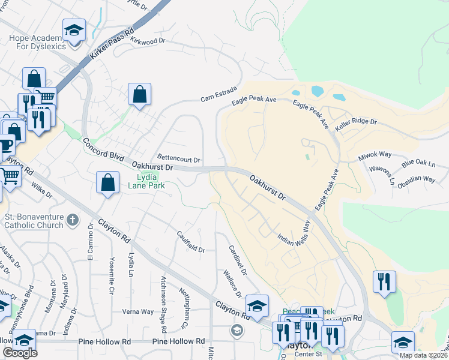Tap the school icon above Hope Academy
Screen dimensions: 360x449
(x=74, y=30)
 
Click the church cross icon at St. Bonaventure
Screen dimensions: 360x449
(x=73, y=220)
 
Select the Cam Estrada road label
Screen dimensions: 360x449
(x=219, y=94)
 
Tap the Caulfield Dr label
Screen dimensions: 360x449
(x=191, y=241)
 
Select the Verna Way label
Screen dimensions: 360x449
(x=138, y=311)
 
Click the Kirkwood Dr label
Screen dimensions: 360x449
(x=147, y=41)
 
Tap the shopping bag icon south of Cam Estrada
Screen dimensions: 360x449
(x=139, y=94)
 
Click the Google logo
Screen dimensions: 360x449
(x=20, y=353)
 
